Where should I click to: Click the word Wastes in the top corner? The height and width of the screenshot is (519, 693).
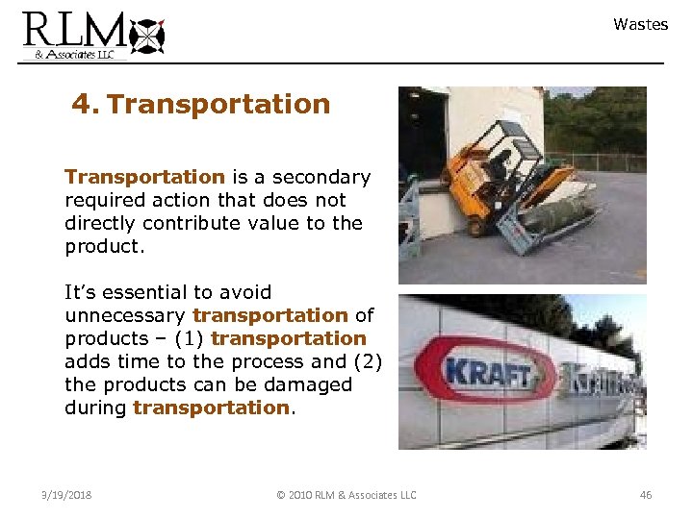tap(640, 25)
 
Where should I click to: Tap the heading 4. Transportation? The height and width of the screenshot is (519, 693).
tap(200, 104)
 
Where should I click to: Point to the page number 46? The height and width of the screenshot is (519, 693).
tap(646, 495)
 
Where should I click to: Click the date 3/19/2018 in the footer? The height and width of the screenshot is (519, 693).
tap(67, 495)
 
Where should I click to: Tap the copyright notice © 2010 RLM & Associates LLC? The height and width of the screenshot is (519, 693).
tap(346, 495)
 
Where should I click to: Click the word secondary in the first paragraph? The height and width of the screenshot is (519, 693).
tap(321, 177)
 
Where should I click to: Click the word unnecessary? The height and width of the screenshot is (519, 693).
tap(125, 315)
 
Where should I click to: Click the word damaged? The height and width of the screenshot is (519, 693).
tap(306, 384)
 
